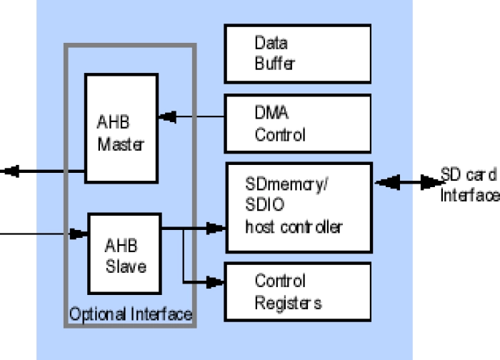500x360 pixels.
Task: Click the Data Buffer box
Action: coord(297,54)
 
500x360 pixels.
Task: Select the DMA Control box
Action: coord(297,124)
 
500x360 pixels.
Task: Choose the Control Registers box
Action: coord(297,291)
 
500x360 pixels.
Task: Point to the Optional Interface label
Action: coord(131,314)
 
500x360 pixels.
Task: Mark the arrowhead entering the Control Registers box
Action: coord(214,282)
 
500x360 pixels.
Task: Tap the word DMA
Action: coord(272,113)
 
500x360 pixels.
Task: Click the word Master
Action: coord(121,144)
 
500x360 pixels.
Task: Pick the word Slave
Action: coord(126,266)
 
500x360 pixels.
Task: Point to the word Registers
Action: coord(288,303)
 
